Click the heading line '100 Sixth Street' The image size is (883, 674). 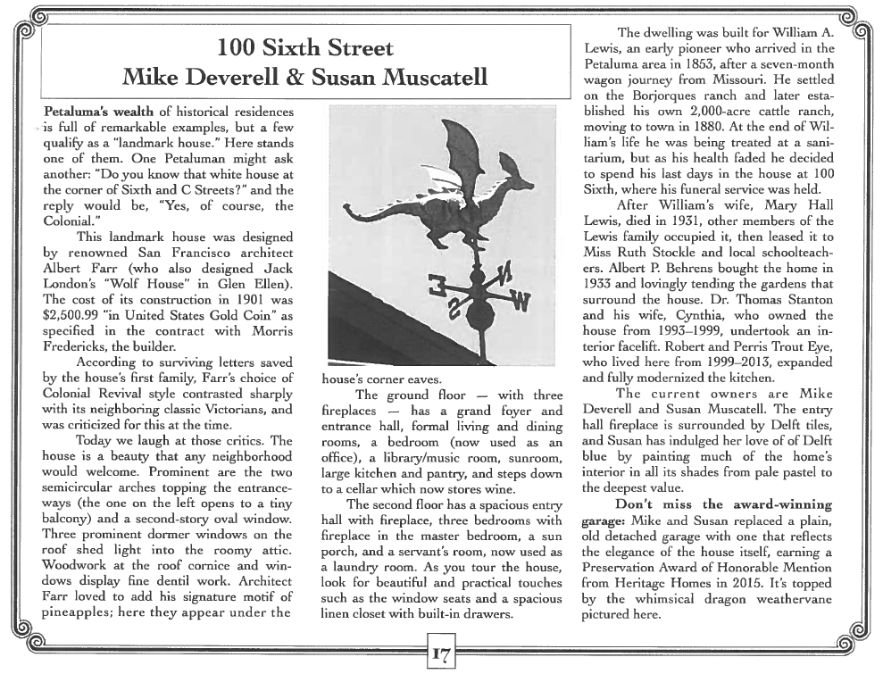click(x=305, y=47)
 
